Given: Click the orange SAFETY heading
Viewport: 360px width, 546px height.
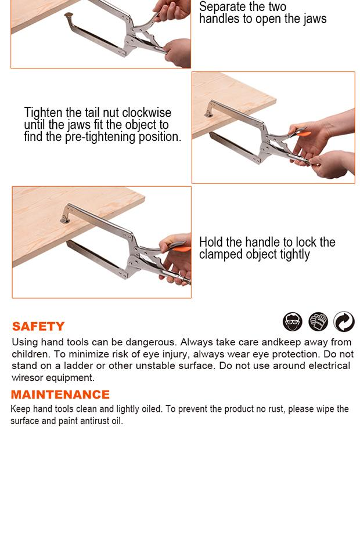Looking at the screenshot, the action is (x=38, y=326).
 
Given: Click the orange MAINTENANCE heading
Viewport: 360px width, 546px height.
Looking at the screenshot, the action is (x=60, y=395).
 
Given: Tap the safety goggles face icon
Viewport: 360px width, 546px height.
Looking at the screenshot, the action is (x=293, y=321).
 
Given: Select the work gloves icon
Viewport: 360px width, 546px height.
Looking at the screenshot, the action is (x=318, y=321).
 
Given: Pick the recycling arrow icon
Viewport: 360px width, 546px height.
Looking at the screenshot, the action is (x=344, y=321).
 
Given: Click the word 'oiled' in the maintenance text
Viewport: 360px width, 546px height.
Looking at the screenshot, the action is (x=152, y=409).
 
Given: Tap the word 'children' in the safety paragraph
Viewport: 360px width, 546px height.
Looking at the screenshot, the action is (x=31, y=354).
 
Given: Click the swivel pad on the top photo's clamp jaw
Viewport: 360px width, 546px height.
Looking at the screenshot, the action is (x=69, y=16).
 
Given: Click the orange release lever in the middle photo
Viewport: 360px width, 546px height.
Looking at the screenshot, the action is (x=301, y=133).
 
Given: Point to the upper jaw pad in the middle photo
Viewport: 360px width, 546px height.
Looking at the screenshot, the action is (x=209, y=113).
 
